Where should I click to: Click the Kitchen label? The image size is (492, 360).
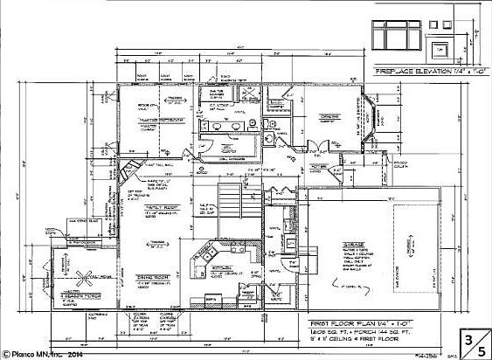(222, 268)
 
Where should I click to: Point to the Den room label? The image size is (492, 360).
(328, 116)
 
